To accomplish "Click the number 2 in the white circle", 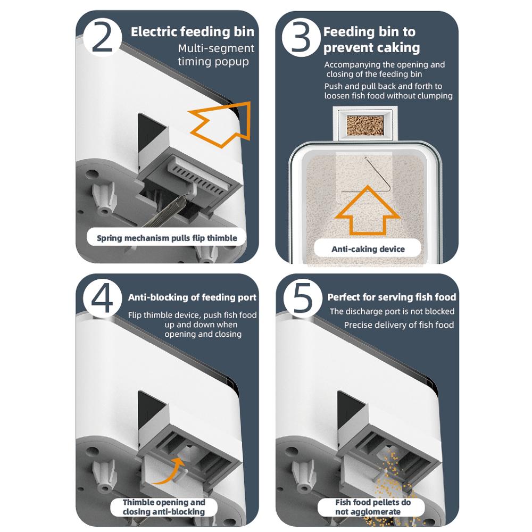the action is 102,37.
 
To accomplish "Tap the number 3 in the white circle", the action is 301,37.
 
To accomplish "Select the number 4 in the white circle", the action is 102,297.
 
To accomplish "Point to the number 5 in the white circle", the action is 302,297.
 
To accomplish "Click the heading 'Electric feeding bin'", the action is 193,32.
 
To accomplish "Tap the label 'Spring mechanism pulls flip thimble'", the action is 167,238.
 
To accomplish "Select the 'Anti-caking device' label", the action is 368,249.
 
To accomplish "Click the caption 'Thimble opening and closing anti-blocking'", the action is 164,507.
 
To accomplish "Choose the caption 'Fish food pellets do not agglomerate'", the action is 372,507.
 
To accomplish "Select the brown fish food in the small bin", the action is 365,125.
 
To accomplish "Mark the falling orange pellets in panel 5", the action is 395,482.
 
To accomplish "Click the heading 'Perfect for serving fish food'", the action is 392,297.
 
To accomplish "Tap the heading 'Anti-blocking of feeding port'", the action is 192,297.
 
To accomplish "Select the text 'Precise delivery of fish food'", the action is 398,325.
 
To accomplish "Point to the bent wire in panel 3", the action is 378,174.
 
